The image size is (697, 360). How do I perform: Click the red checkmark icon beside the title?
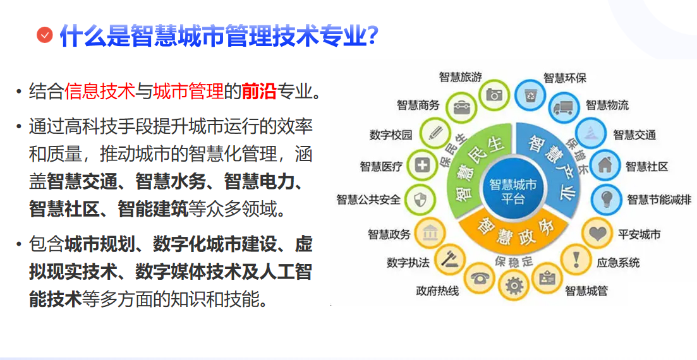pos(44,35)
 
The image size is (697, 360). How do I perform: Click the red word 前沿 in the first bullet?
pos(259,91)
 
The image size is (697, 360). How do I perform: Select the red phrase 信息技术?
pos(100,91)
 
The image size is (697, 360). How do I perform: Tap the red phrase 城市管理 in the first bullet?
pos(188,91)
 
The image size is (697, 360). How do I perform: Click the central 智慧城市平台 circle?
pos(512,191)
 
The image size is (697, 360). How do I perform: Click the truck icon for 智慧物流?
pos(564,107)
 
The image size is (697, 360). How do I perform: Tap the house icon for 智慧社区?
pos(605,165)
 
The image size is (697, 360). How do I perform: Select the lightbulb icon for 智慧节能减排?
pos(606,199)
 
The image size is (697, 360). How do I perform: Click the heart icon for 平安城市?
pos(597,233)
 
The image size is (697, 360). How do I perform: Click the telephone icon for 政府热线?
pos(480,279)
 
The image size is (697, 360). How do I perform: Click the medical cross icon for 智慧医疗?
pos(421,165)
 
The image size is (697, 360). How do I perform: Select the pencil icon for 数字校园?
pos(435,133)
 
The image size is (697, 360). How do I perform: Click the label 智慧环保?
pos(564,78)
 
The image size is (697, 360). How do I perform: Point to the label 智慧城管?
pos(586,291)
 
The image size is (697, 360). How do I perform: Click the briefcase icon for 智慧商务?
pos(461,107)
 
